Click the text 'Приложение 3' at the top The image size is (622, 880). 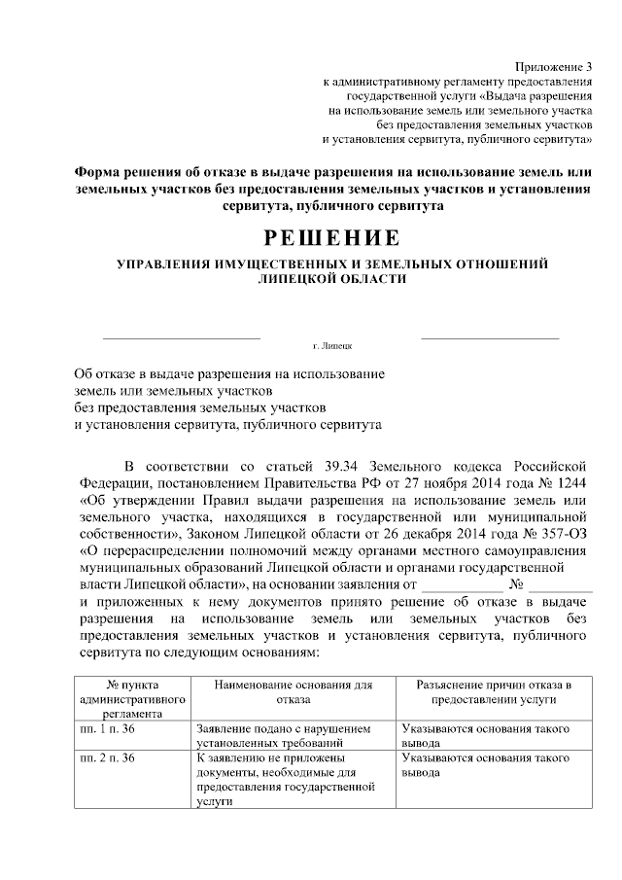click(x=552, y=66)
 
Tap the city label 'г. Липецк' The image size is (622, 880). click(x=332, y=346)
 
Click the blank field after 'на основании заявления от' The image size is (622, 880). click(x=463, y=585)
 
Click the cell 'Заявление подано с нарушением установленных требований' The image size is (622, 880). click(x=283, y=735)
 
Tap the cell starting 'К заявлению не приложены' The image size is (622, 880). click(x=277, y=779)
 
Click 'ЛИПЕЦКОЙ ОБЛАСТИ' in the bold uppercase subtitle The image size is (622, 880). click(x=332, y=278)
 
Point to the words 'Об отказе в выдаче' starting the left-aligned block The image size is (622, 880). click(x=137, y=373)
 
